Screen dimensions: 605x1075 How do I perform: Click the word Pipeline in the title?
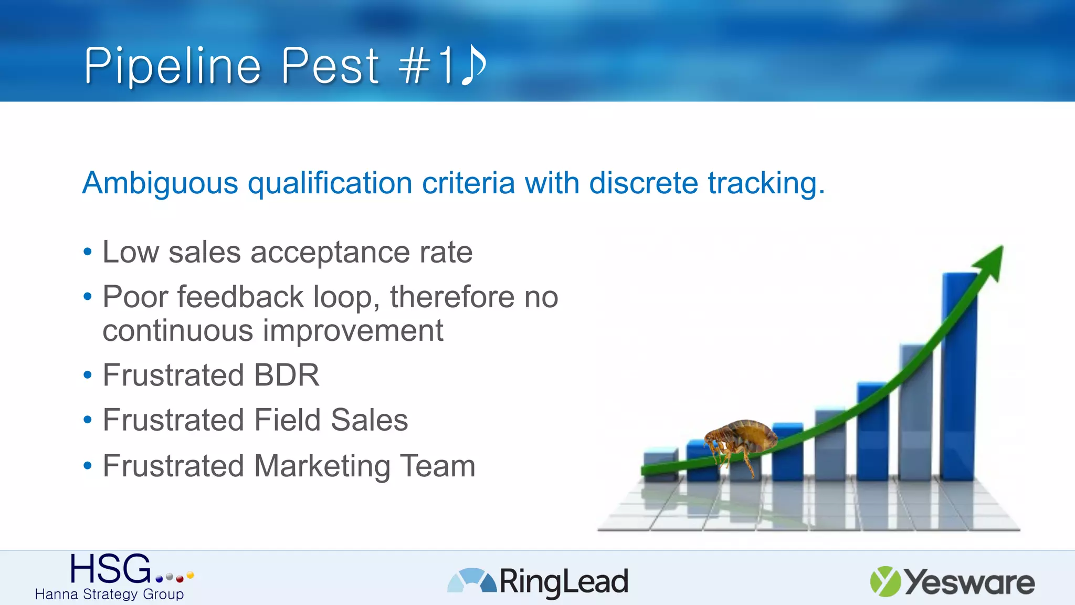point(173,66)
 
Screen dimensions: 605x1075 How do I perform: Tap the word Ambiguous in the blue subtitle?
point(161,183)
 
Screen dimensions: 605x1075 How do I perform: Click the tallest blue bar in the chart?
point(959,378)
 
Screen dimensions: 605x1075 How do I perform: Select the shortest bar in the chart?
point(660,464)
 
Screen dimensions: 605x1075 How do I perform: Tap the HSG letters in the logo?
point(111,569)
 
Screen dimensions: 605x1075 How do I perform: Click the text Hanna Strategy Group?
point(109,594)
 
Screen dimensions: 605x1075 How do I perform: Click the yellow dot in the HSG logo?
point(190,575)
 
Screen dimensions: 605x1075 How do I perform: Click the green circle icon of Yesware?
point(885,581)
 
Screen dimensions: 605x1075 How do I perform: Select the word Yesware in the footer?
point(969,582)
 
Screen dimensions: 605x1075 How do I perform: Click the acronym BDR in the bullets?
point(287,375)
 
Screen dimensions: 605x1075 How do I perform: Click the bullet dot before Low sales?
point(88,252)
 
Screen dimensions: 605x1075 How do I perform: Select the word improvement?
point(353,331)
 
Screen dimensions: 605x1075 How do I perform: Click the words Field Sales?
point(331,420)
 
